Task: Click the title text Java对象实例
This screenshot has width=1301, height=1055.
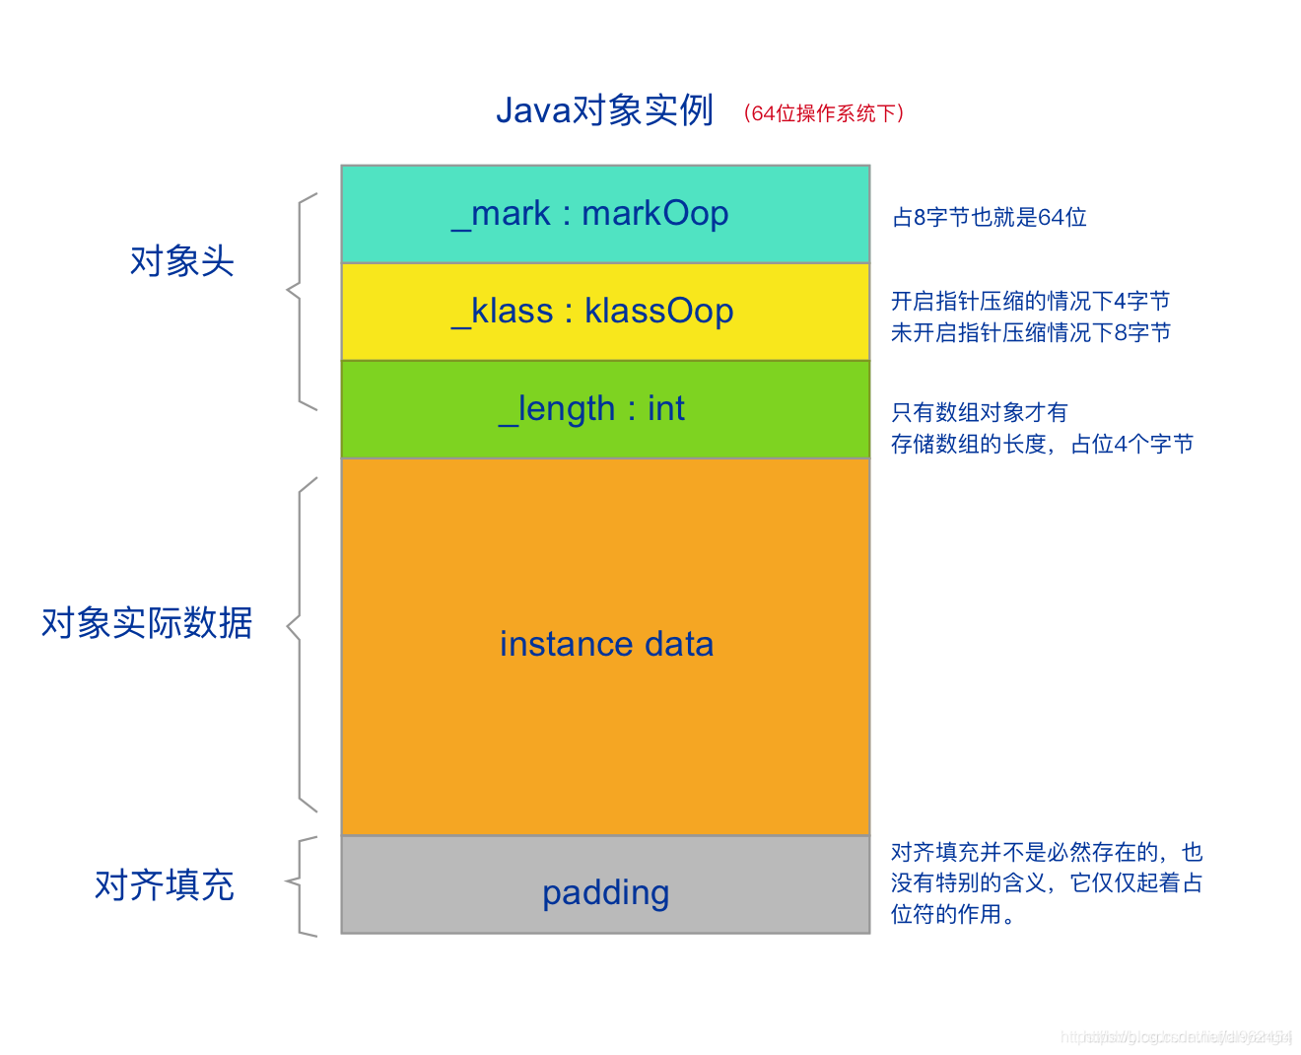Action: [x=604, y=110]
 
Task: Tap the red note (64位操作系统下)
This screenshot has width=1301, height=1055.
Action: [x=824, y=113]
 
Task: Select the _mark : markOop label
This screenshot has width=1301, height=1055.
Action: [x=589, y=213]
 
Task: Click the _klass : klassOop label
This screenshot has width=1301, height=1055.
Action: [x=592, y=311]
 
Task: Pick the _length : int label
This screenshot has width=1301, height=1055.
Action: [x=591, y=408]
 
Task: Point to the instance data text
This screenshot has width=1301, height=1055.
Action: [x=606, y=644]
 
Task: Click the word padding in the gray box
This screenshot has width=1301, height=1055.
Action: [x=605, y=892]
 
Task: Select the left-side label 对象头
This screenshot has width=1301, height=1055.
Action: [x=181, y=261]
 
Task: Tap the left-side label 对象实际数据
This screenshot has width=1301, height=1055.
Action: [x=147, y=623]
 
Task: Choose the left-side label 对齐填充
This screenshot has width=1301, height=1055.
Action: [x=164, y=885]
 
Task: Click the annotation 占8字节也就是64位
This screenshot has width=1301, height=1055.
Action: [x=989, y=217]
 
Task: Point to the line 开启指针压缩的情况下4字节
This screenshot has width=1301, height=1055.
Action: [x=1030, y=301]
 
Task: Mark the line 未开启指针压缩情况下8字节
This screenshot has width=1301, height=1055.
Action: [x=1030, y=332]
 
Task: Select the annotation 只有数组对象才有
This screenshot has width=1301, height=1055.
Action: [x=979, y=412]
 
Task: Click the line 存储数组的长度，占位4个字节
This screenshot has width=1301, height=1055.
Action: [x=1042, y=444]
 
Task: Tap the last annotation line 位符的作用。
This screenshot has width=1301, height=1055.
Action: [x=953, y=914]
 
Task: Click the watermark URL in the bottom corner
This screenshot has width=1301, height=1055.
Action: [x=1175, y=1036]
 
